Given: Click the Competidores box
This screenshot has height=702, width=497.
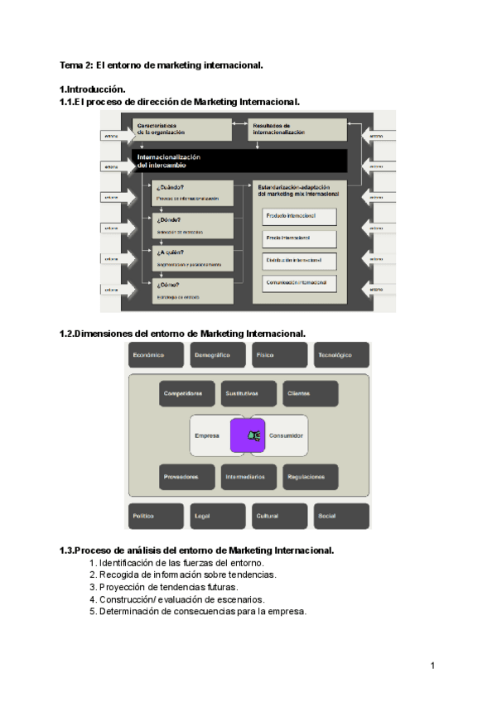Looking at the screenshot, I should pyautogui.click(x=187, y=394).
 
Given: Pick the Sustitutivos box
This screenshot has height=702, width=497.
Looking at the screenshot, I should pyautogui.click(x=248, y=394).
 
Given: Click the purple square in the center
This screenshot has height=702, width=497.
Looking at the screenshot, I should pyautogui.click(x=248, y=435).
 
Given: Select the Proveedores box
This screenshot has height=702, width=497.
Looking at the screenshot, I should pyautogui.click(x=187, y=477).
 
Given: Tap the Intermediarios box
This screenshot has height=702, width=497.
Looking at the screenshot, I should pyautogui.click(x=248, y=477).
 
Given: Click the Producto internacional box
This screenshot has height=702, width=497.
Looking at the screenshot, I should pyautogui.click(x=300, y=217).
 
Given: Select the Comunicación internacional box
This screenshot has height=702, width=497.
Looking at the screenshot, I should pyautogui.click(x=300, y=283).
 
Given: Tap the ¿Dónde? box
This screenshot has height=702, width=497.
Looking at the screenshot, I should pyautogui.click(x=192, y=224).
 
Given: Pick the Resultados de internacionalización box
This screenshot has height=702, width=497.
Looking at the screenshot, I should pyautogui.click(x=297, y=130).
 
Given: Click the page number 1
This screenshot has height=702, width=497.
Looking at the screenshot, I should pyautogui.click(x=433, y=666).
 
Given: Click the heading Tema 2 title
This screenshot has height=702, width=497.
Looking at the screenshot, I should pyautogui.click(x=162, y=65).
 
